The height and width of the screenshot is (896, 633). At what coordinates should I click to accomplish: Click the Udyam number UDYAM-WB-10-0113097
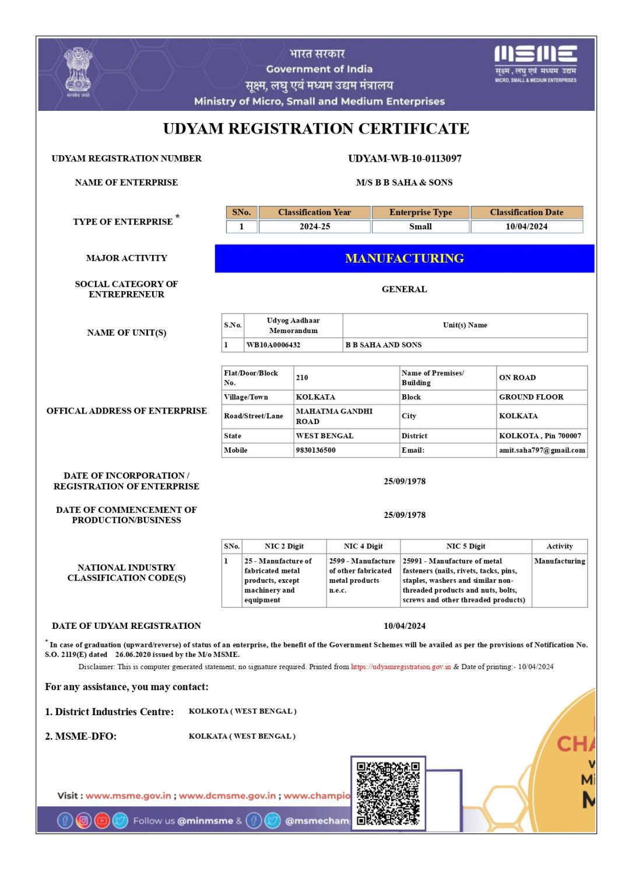click(x=405, y=159)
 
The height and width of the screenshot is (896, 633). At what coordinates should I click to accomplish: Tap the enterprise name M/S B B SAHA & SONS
click(x=404, y=183)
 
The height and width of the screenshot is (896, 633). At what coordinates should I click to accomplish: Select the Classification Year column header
click(x=314, y=212)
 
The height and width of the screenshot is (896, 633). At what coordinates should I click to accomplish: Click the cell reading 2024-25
click(x=314, y=226)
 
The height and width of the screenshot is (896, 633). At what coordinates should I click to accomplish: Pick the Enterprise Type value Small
click(x=420, y=226)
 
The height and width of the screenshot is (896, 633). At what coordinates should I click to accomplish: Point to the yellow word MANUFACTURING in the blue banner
click(x=405, y=258)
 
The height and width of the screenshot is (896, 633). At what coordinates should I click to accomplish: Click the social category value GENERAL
click(x=404, y=289)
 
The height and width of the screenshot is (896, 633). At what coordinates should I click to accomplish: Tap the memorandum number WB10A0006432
click(x=273, y=345)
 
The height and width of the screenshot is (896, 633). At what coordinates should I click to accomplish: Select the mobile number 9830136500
click(x=315, y=450)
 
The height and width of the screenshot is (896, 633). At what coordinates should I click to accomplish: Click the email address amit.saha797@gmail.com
click(x=541, y=450)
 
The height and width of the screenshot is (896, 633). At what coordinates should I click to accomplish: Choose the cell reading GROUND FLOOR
click(x=531, y=397)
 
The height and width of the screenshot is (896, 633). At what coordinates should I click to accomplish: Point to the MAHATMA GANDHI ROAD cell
click(x=334, y=416)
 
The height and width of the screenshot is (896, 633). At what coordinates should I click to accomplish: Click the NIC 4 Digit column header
click(x=363, y=547)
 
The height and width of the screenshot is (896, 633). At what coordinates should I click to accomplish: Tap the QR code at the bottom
click(x=388, y=793)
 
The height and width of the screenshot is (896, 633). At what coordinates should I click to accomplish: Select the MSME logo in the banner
click(x=535, y=63)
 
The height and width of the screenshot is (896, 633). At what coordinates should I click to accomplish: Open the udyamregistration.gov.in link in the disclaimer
click(x=400, y=667)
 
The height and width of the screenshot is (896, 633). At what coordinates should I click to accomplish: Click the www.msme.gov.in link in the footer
click(x=128, y=796)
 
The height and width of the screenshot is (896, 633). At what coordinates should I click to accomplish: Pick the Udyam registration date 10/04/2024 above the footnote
click(x=405, y=626)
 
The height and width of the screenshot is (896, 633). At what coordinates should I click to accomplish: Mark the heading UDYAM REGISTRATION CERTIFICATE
click(x=316, y=129)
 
